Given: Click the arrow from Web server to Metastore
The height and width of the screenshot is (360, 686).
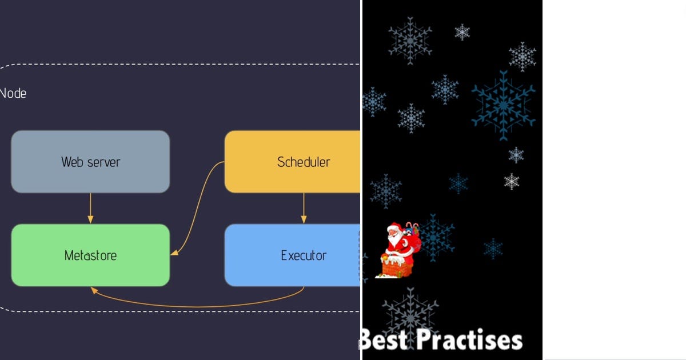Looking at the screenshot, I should coord(90,208).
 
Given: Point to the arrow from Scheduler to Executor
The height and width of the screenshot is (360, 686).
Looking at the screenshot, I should coord(304,208).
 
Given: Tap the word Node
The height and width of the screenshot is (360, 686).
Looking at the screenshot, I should coord(13,93).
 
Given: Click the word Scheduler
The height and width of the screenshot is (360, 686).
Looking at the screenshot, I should coord(304,162).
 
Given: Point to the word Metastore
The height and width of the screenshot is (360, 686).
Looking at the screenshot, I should coord(90,255).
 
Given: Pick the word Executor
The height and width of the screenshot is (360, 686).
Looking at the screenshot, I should coord(304,255).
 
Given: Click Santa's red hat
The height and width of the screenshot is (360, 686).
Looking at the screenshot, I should coord(393,228).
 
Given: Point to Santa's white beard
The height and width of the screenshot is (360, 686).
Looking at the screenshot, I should coord(395,241).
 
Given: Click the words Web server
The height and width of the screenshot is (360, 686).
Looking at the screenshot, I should coord(90,162).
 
